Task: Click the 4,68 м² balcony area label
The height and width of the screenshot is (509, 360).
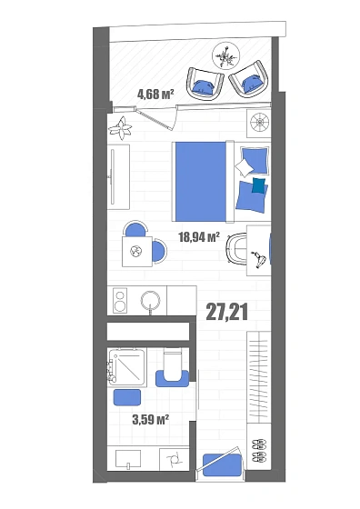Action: (x=155, y=95)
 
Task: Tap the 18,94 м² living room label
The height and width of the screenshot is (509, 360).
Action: (x=199, y=237)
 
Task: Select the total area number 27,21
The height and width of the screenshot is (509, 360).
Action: (x=227, y=313)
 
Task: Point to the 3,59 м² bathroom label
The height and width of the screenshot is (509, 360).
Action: (x=150, y=419)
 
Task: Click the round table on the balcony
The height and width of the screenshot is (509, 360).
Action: (x=226, y=55)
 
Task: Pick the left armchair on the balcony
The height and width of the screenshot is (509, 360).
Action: (x=205, y=84)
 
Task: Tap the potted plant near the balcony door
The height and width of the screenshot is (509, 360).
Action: (x=120, y=128)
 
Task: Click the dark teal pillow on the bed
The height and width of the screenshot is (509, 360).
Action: (x=259, y=185)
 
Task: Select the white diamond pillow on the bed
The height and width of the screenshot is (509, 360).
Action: (x=245, y=168)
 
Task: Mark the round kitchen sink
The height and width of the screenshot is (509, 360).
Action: (x=150, y=300)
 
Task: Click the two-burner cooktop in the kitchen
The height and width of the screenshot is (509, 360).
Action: (x=120, y=301)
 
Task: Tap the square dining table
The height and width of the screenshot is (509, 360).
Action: (x=137, y=252)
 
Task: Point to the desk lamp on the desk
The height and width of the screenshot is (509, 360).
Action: (x=258, y=259)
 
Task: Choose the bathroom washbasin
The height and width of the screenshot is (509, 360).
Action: (x=128, y=459)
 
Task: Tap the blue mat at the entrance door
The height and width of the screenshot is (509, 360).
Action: (x=223, y=464)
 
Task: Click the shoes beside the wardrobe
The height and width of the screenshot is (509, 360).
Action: (x=259, y=450)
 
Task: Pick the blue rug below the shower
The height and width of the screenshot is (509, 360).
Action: (x=127, y=397)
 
